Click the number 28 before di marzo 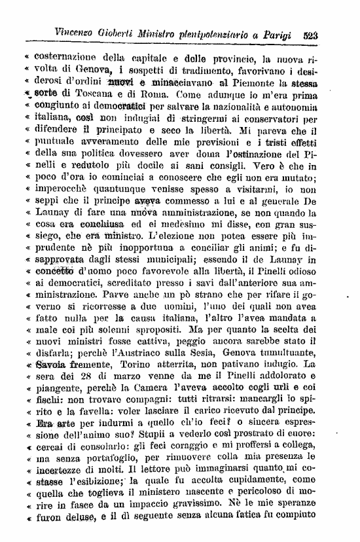pyautogui.click(x=90, y=377)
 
